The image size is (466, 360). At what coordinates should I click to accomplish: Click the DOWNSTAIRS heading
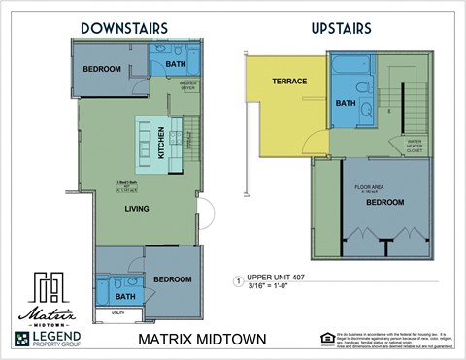click(x=124, y=28)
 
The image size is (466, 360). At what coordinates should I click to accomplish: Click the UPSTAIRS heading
click(x=341, y=28)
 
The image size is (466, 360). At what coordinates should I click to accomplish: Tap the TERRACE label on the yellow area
click(x=289, y=82)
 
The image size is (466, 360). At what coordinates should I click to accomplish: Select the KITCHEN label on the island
click(x=161, y=146)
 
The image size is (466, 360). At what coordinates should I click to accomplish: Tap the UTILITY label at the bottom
click(x=117, y=313)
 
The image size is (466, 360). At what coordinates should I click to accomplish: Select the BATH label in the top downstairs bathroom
click(x=176, y=65)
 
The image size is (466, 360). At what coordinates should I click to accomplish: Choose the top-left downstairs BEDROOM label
click(x=101, y=69)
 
